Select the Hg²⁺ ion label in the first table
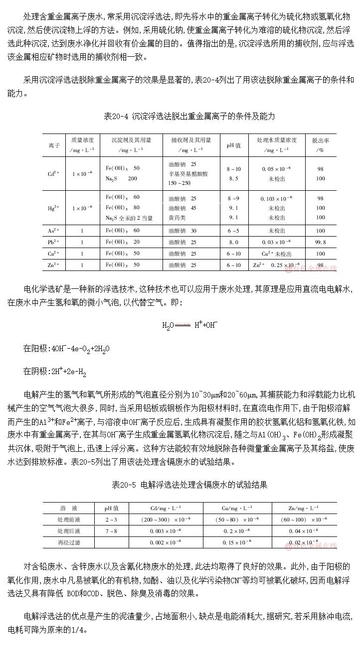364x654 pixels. (53, 208)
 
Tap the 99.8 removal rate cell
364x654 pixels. (321, 242)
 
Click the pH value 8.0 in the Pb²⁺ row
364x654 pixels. (233, 242)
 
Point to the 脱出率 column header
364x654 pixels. (321, 144)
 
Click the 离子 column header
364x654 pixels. (54, 145)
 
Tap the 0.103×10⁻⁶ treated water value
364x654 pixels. (277, 198)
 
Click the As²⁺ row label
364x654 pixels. (53, 231)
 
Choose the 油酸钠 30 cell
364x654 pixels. (183, 231)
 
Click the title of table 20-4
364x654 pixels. (189, 116)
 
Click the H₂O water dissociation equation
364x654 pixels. (189, 325)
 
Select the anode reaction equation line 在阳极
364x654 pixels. (66, 349)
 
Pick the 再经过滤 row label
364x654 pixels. (68, 541)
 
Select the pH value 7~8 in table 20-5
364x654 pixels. (111, 530)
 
